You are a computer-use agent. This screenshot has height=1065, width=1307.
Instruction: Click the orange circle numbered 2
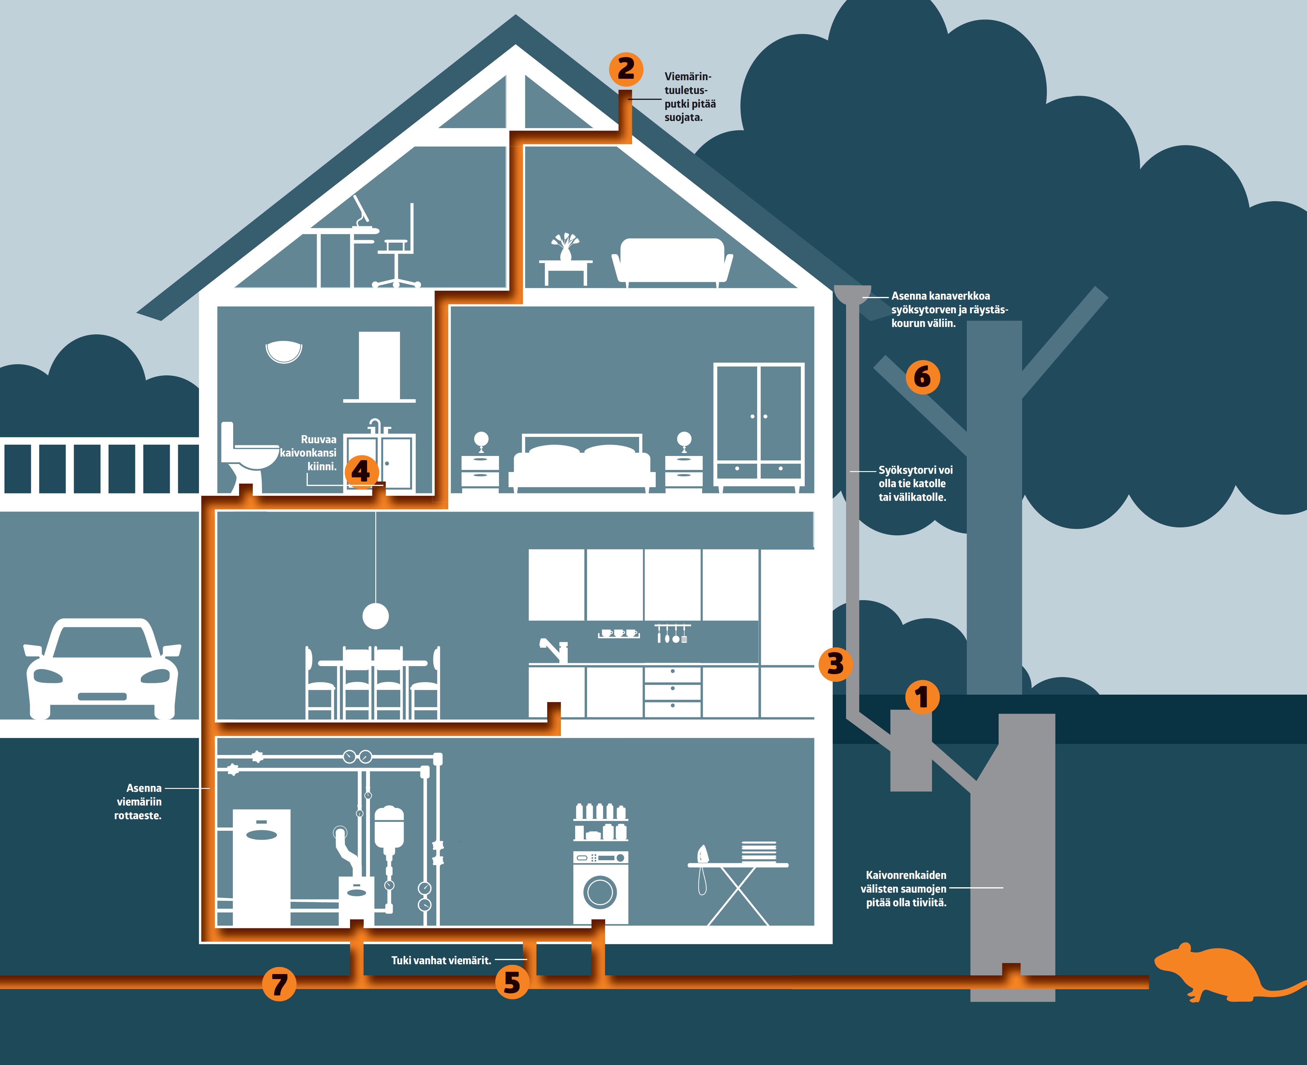[x=626, y=69]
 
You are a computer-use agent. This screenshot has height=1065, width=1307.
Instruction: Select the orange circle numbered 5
[x=512, y=981]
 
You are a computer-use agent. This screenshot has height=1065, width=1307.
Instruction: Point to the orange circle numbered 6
[x=922, y=377]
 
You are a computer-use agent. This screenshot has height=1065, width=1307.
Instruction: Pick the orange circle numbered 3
[x=835, y=664]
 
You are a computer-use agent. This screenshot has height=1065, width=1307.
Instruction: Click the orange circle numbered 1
[x=922, y=697]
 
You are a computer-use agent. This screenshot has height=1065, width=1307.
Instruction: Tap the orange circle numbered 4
[x=361, y=471]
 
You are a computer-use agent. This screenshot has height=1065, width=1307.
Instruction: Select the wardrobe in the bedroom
[x=759, y=424]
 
